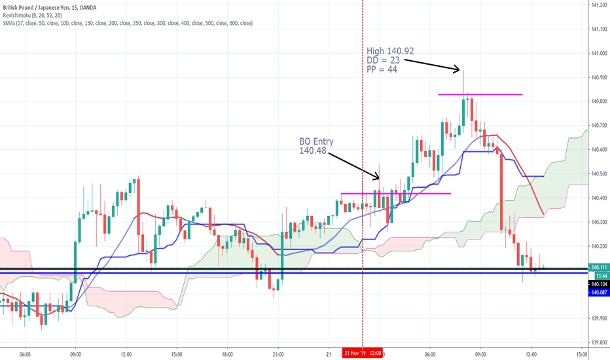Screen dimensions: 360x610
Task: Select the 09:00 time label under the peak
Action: [x=480, y=353]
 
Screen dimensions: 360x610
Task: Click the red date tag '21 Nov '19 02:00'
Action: [x=363, y=353]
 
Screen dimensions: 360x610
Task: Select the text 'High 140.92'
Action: [x=389, y=50]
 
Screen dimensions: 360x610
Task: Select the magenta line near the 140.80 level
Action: [x=480, y=95]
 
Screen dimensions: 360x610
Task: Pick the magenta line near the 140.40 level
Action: [x=396, y=194]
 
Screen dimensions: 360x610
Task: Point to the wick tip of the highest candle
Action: [x=463, y=71]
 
